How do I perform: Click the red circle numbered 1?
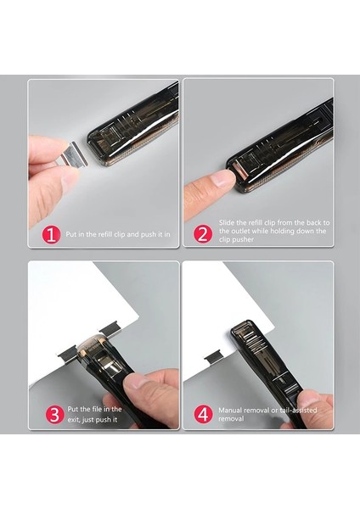click(51, 234)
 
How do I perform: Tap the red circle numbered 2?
click(203, 234)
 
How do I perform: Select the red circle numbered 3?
click(54, 415)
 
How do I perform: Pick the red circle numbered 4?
click(203, 414)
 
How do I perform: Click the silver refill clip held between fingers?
click(71, 153)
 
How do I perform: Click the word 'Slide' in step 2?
click(226, 222)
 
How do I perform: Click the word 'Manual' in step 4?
click(230, 410)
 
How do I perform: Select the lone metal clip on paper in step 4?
click(212, 358)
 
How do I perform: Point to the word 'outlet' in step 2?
click(241, 231)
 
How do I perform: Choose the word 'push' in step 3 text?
click(104, 419)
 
